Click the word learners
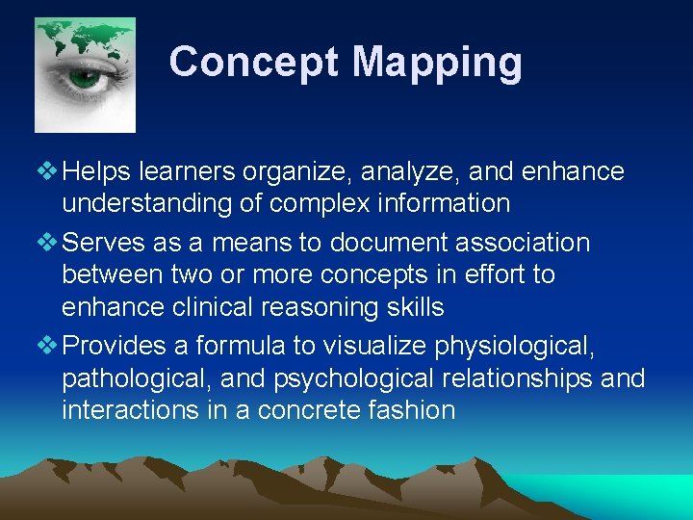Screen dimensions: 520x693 (188, 172)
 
